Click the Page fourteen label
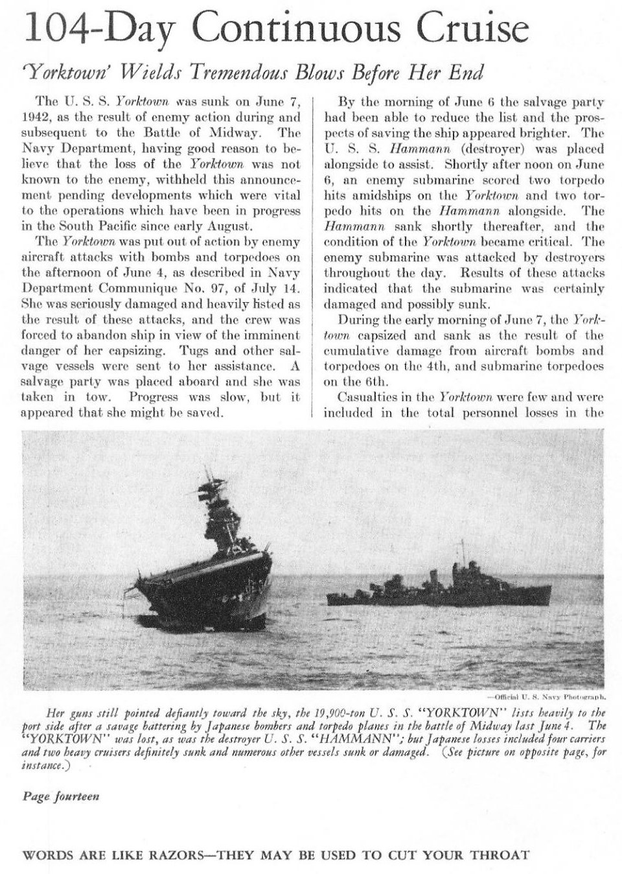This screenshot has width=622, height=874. pyautogui.click(x=61, y=796)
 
